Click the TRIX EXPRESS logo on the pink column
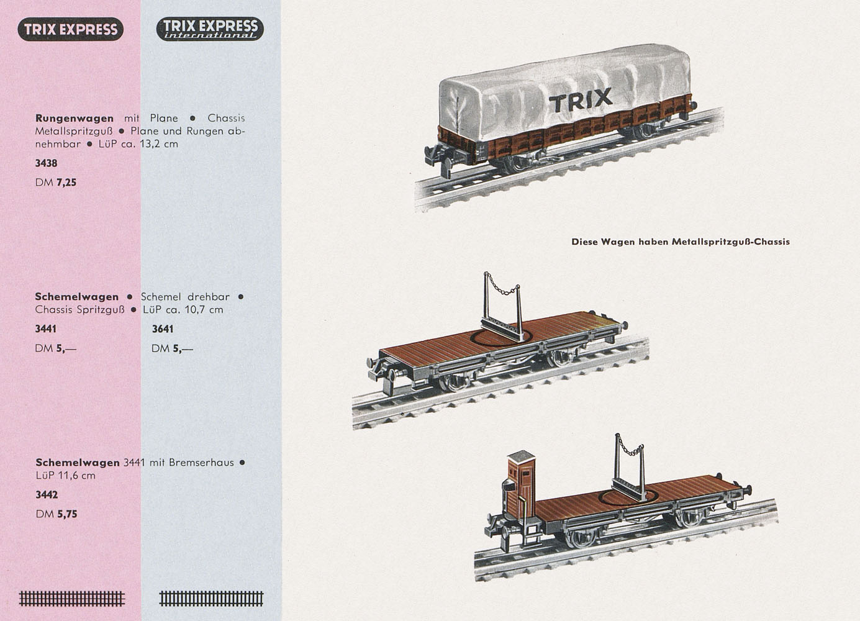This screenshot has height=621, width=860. pyautogui.click(x=71, y=29)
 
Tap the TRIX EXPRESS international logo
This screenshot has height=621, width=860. pyautogui.click(x=210, y=29)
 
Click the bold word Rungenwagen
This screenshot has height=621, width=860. pyautogui.click(x=75, y=118)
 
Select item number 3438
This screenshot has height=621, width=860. pyautogui.click(x=46, y=163)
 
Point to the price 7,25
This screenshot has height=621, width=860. pyautogui.click(x=66, y=183)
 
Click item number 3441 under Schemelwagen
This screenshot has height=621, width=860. pyautogui.click(x=46, y=329)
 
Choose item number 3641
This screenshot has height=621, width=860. pyautogui.click(x=163, y=329)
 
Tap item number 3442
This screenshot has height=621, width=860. pyautogui.click(x=47, y=495)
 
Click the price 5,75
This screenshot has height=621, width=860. pyautogui.click(x=67, y=514)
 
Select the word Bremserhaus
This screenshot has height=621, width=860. pyautogui.click(x=201, y=463)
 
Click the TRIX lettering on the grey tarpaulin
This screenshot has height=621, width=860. pyautogui.click(x=581, y=100)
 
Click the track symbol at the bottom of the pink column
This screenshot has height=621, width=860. pyautogui.click(x=72, y=599)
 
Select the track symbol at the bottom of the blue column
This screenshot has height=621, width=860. pyautogui.click(x=212, y=599)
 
